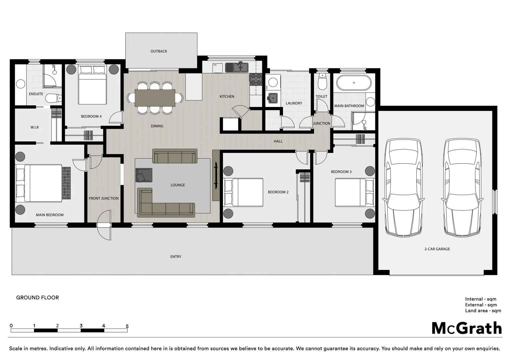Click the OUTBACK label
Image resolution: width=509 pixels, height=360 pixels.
[159, 51]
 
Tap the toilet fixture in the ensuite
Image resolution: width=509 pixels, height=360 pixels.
[53, 99]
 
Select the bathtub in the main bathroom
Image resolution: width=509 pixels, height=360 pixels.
[354, 83]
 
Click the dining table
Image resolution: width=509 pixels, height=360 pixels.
[155, 98]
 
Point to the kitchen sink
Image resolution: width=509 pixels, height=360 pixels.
[237, 67]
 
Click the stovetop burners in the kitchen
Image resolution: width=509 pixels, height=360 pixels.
[256, 79]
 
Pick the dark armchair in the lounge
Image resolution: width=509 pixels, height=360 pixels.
[144, 175]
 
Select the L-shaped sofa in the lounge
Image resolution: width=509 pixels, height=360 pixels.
[166, 203]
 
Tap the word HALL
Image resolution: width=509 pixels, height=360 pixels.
[278, 141]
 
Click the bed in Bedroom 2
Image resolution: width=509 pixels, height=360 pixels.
[243, 192]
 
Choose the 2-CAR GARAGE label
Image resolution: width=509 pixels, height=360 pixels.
[437, 249]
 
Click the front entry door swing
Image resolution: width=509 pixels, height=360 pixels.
[104, 225]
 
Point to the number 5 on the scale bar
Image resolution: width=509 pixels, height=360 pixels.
[127, 326]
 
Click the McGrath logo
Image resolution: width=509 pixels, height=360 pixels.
[467, 328]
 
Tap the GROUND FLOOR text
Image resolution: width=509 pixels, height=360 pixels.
[37, 298]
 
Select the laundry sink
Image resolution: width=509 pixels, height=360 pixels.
[273, 98]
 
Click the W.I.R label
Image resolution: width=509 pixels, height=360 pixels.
[35, 127]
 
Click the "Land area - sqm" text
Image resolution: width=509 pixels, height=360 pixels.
[483, 311]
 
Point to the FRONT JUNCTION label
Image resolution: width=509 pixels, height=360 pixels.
[104, 198]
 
